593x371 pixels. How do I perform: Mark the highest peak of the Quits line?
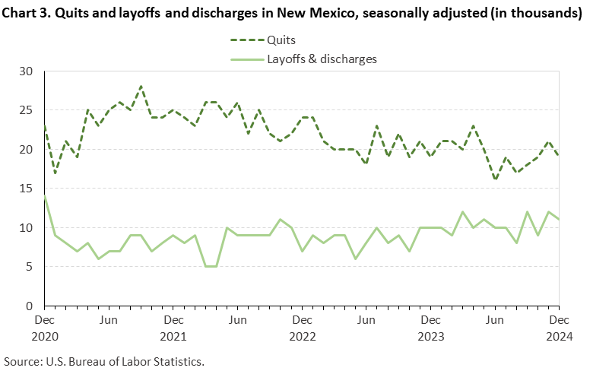(141, 87)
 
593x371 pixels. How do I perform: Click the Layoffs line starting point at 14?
(44, 196)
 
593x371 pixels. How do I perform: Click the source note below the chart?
(104, 360)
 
